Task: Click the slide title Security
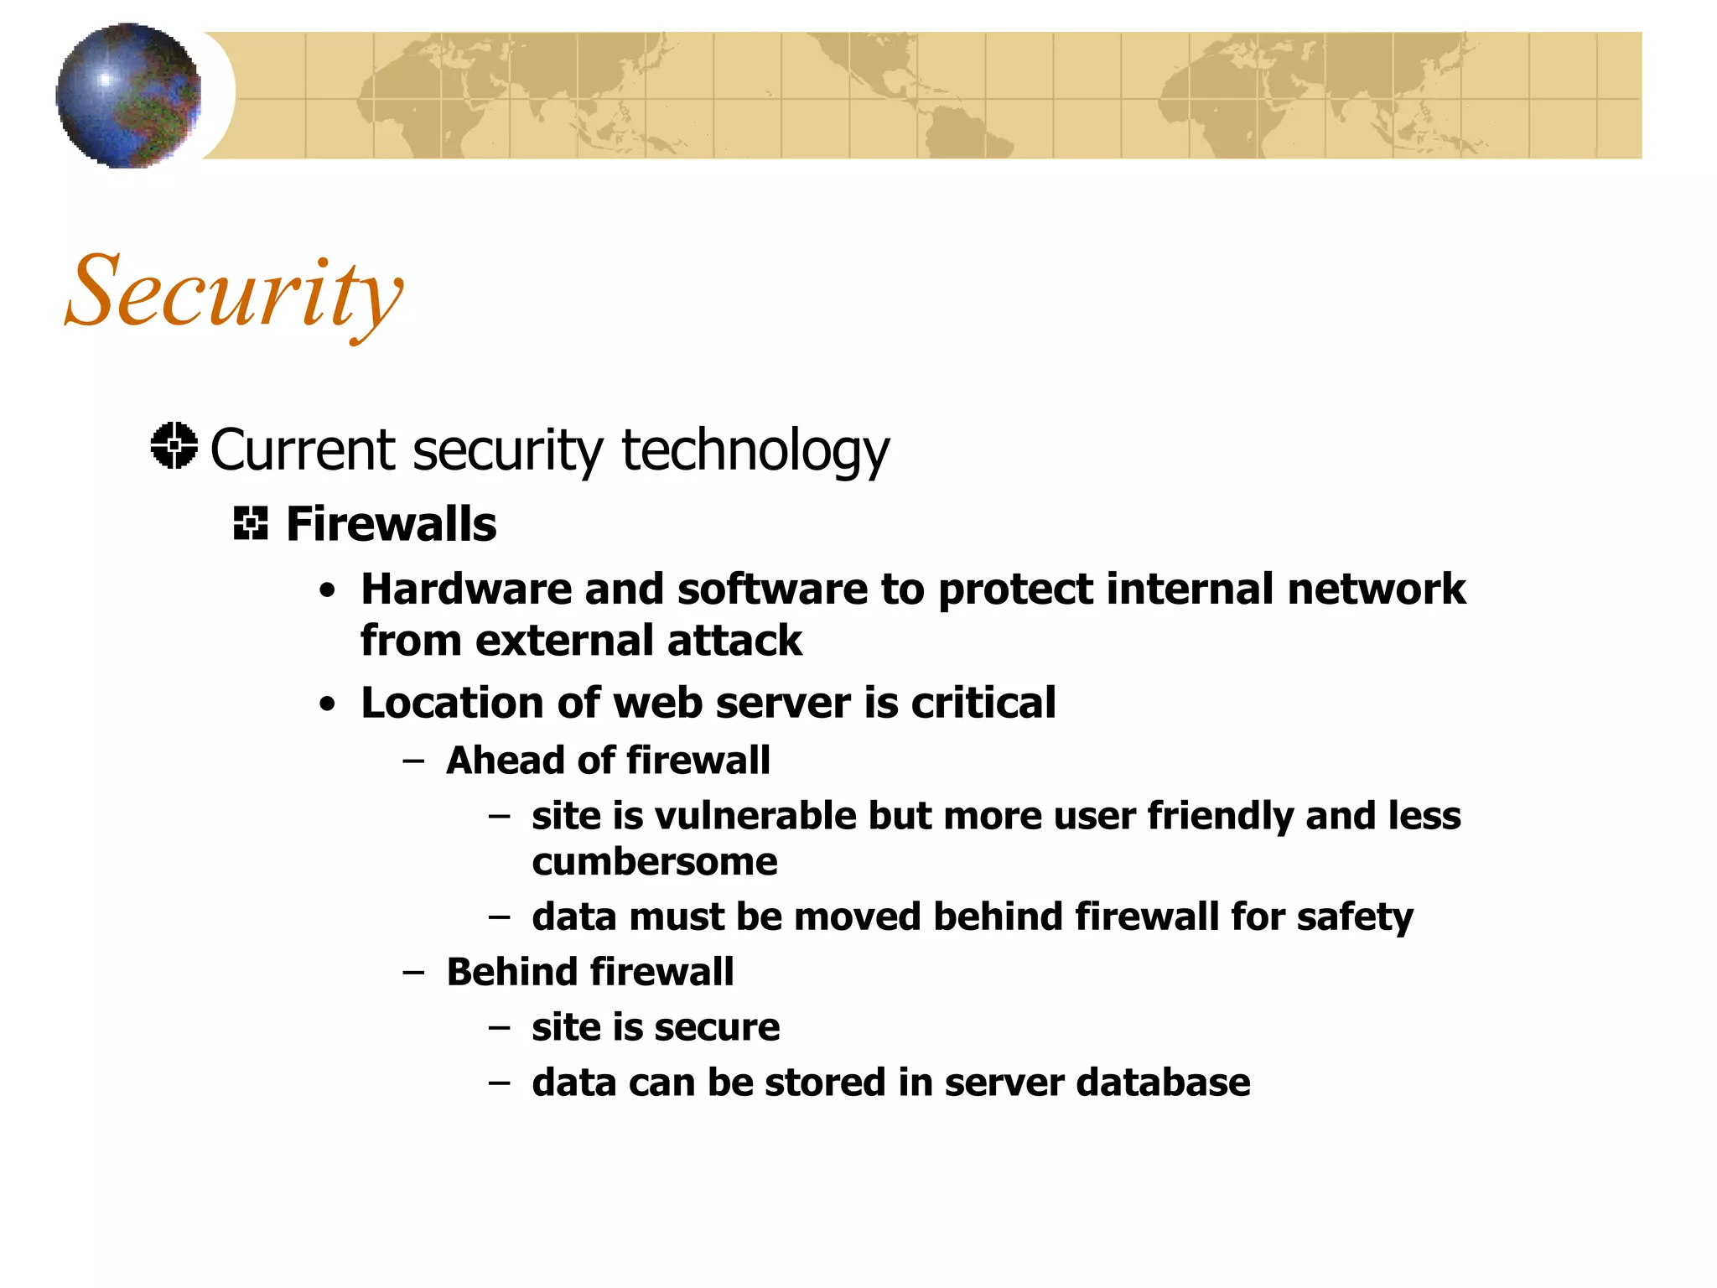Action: click(x=234, y=293)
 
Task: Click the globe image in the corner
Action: click(x=129, y=96)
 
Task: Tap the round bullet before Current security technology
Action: click(x=174, y=445)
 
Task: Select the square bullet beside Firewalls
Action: click(x=250, y=523)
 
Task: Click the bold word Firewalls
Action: click(x=391, y=524)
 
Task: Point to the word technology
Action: click(x=755, y=451)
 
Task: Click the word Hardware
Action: click(x=466, y=589)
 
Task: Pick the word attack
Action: click(x=734, y=641)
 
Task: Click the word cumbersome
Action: click(x=655, y=862)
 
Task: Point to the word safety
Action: click(x=1354, y=917)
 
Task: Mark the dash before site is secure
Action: click(x=500, y=1027)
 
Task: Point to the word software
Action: click(x=772, y=589)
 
